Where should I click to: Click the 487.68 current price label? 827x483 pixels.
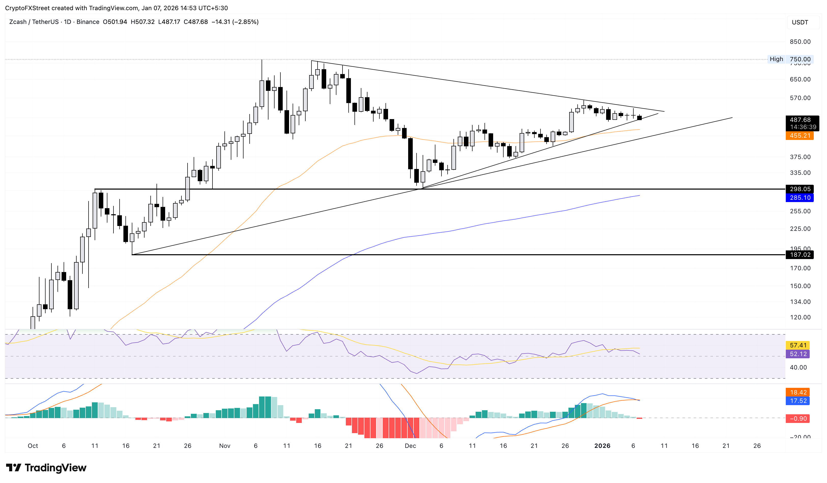(x=800, y=120)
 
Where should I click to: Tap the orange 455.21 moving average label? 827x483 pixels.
(x=800, y=136)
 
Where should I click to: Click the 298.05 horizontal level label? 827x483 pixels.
(x=800, y=189)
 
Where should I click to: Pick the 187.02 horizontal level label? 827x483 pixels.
(x=800, y=255)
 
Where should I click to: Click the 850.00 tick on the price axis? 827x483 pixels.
(x=800, y=42)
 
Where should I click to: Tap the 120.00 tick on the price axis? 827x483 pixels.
(x=800, y=317)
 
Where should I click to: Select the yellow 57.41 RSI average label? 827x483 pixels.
(x=798, y=345)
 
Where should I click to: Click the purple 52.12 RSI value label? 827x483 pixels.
(x=798, y=354)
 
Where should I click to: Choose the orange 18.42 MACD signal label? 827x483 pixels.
(x=798, y=392)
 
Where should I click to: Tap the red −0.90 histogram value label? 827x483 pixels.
(x=798, y=419)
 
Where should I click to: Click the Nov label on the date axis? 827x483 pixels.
(x=224, y=446)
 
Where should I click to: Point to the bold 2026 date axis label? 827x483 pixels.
(x=602, y=446)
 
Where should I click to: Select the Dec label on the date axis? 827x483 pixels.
(x=410, y=446)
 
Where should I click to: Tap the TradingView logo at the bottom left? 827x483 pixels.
(x=46, y=467)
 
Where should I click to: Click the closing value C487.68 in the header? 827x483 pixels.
(x=196, y=22)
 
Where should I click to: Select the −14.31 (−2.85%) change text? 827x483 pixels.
(x=235, y=22)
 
